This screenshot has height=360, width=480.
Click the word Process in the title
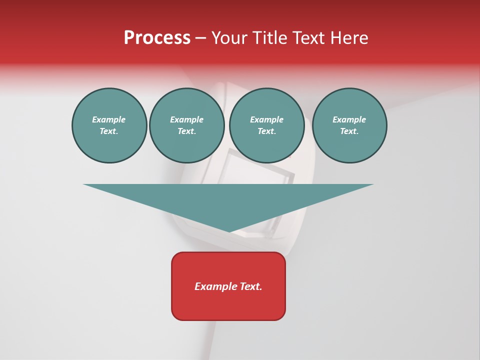tap(157, 38)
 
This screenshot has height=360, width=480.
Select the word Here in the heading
tap(349, 38)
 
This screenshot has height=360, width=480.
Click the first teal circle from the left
tap(109, 125)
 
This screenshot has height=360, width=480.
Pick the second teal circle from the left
tap(186, 125)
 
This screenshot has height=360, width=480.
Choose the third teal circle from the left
tap(266, 125)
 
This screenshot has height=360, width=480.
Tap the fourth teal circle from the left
tap(349, 125)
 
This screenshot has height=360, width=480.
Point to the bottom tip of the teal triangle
tap(229, 231)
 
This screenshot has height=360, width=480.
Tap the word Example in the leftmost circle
tap(109, 119)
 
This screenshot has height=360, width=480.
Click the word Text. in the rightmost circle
tap(349, 131)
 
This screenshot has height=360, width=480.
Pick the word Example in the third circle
tap(266, 119)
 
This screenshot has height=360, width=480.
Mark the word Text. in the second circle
tap(186, 131)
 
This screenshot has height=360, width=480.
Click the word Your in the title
tap(228, 38)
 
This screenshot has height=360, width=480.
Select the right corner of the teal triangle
tap(372, 185)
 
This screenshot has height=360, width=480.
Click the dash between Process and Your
tap(200, 38)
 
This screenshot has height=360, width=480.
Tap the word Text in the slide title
tap(310, 38)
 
